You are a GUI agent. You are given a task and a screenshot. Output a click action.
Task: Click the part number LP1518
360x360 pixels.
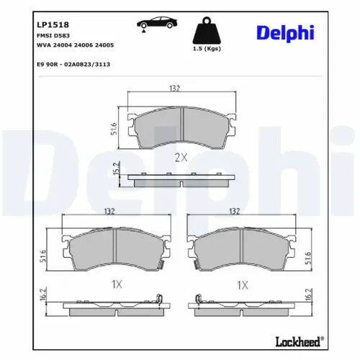point(53,24)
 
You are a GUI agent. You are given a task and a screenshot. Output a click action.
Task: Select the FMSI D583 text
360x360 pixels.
point(53,35)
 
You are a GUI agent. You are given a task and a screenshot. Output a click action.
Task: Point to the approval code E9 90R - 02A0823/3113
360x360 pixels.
point(73,64)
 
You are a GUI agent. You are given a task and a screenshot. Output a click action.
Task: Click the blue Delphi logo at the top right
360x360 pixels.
point(285,33)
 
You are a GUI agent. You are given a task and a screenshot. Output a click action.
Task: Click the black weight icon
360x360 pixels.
point(207,30)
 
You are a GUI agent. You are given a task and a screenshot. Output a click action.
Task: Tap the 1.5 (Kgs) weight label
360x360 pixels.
point(207,48)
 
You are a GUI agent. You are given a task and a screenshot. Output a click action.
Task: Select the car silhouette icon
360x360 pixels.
point(157,22)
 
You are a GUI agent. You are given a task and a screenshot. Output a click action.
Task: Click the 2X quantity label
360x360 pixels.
point(181,158)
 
